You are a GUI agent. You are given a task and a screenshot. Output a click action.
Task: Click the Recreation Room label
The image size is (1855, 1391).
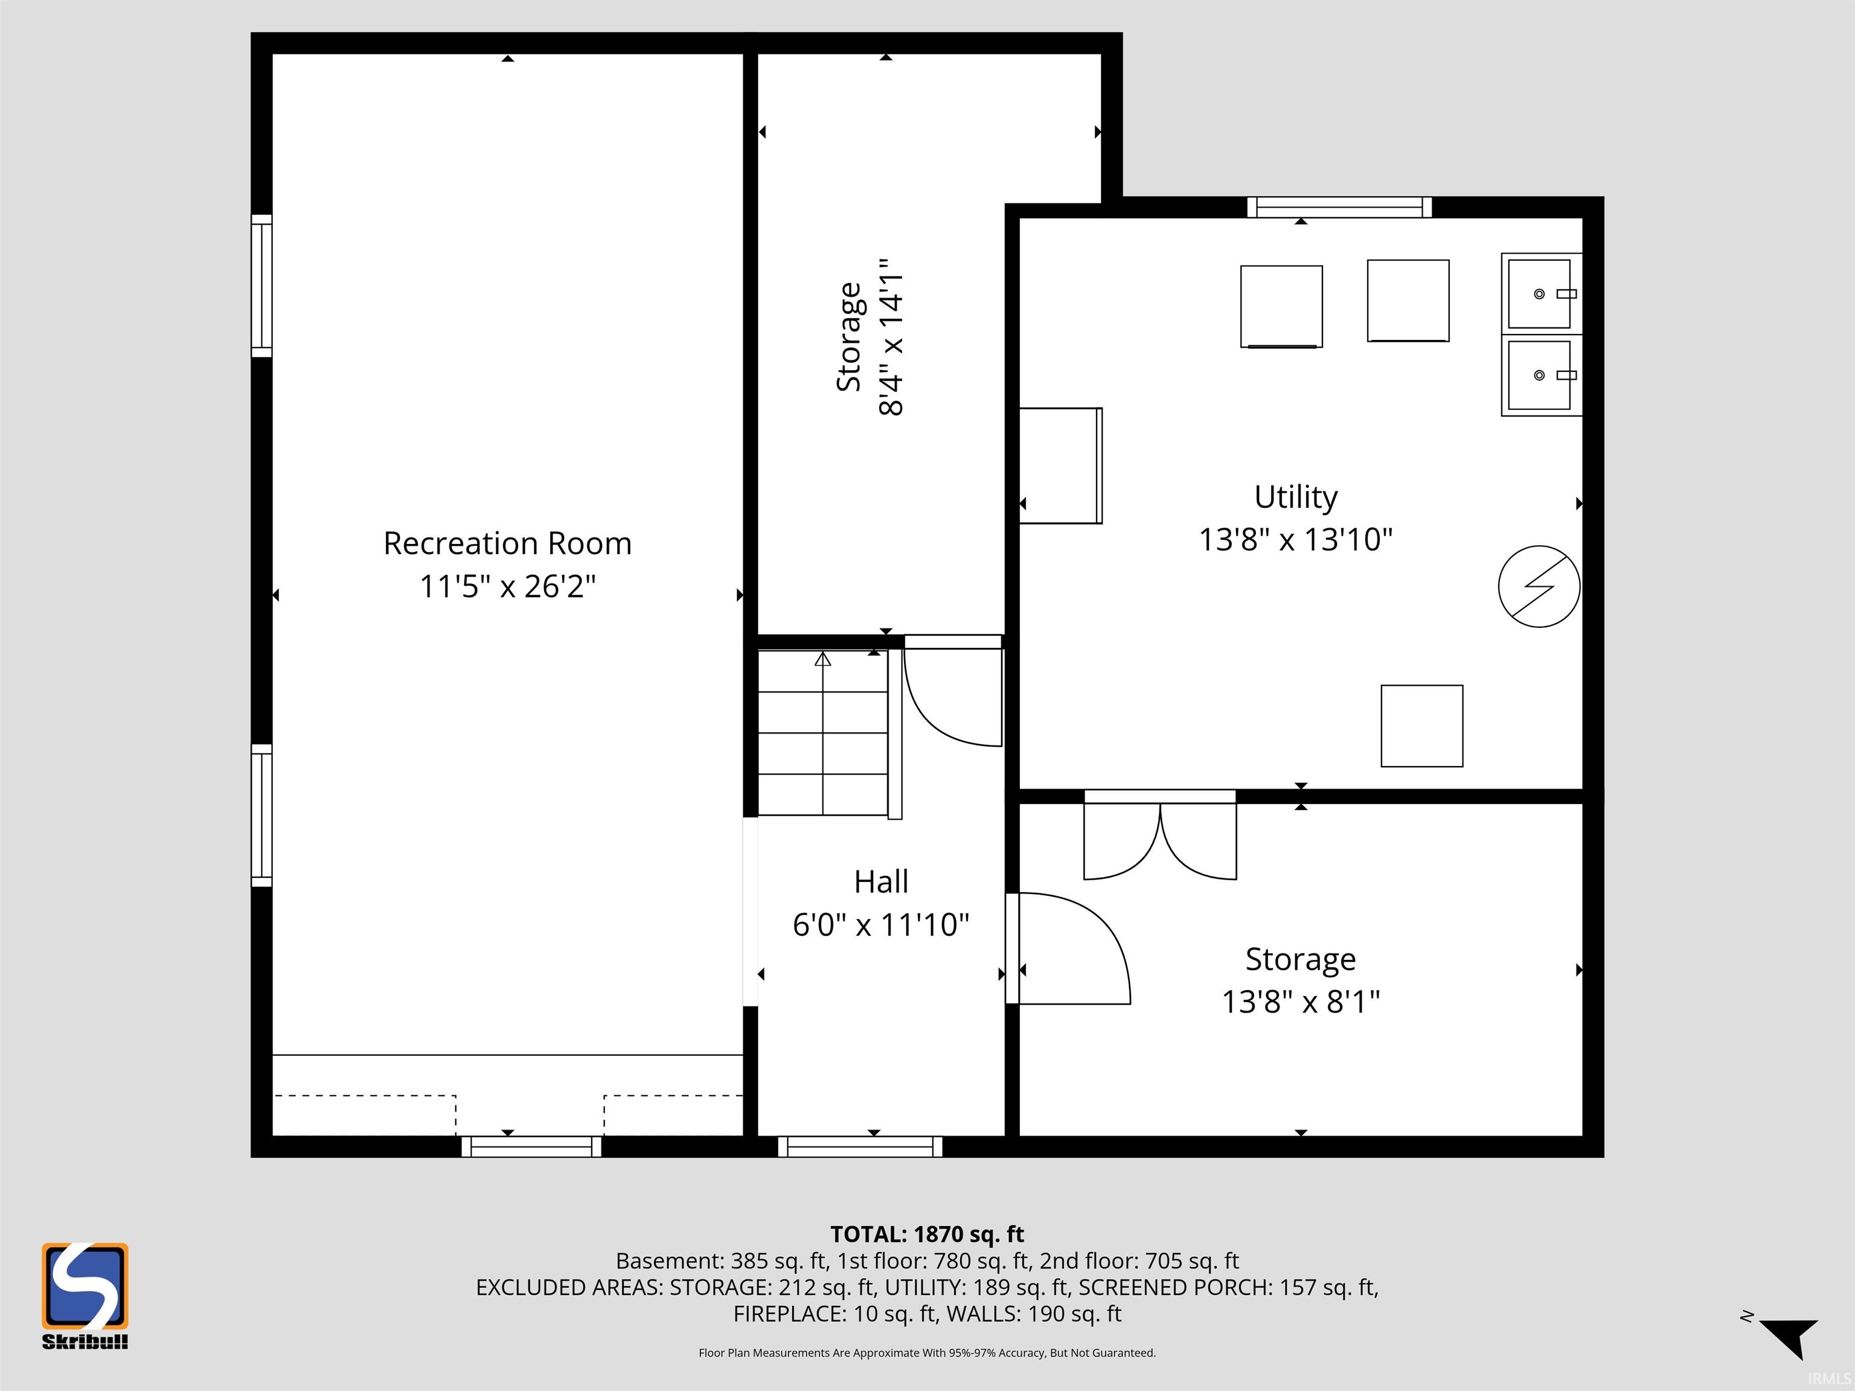pyautogui.click(x=507, y=543)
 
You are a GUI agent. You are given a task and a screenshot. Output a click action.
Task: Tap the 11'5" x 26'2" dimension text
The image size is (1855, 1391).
pyautogui.click(x=507, y=586)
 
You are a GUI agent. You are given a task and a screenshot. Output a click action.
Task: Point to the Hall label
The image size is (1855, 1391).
pyautogui.click(x=880, y=881)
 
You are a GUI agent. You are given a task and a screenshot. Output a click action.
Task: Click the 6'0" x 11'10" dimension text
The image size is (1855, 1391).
pyautogui.click(x=880, y=925)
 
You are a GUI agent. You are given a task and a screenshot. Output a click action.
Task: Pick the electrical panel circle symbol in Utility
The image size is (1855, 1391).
pyautogui.click(x=1539, y=586)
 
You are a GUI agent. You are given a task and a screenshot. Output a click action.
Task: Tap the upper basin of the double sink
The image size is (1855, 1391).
pyautogui.click(x=1540, y=293)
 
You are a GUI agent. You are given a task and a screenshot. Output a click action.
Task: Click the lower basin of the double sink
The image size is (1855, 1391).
pyautogui.click(x=1540, y=375)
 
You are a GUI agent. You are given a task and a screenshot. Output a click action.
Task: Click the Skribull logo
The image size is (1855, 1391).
pyautogui.click(x=85, y=1296)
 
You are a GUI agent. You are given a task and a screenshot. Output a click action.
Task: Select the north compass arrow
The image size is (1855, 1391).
pyautogui.click(x=1790, y=1337)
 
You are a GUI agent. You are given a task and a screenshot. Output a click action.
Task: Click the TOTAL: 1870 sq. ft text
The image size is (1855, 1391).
pyautogui.click(x=927, y=1234)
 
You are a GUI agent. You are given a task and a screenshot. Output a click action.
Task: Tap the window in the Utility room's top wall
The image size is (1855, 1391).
pyautogui.click(x=1339, y=207)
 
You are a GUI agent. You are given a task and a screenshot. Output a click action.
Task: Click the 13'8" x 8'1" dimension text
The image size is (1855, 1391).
pyautogui.click(x=1300, y=1002)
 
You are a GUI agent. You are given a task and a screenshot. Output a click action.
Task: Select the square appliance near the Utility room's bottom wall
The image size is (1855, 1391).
pyautogui.click(x=1421, y=726)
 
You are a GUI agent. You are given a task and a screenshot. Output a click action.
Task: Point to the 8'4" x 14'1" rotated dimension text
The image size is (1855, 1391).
pyautogui.click(x=891, y=337)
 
